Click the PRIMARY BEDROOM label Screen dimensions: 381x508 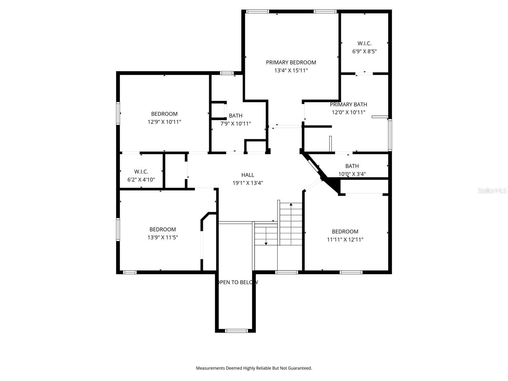click(x=291, y=63)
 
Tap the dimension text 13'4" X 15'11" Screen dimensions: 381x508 click(x=291, y=70)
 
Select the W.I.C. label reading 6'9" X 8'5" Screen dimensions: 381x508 click(x=364, y=43)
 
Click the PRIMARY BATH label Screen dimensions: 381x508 click(x=348, y=104)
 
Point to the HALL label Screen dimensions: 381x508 click(x=248, y=175)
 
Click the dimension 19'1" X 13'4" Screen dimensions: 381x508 click(x=248, y=183)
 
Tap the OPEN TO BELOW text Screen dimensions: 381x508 click(x=237, y=282)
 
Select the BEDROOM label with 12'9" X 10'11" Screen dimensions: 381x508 click(x=164, y=114)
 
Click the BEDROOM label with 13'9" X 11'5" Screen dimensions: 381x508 click(x=163, y=230)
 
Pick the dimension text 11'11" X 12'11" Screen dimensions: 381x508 click(x=345, y=240)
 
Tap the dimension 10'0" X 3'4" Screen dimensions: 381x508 click(x=352, y=174)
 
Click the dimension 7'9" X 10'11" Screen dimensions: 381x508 click(x=236, y=124)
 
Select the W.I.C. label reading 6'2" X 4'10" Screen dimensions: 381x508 click(x=141, y=172)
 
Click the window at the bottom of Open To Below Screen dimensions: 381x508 click(x=236, y=331)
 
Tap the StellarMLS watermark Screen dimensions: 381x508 click(x=492, y=191)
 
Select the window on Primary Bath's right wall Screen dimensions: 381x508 click(x=390, y=135)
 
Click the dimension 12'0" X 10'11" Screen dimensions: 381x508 click(x=348, y=112)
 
